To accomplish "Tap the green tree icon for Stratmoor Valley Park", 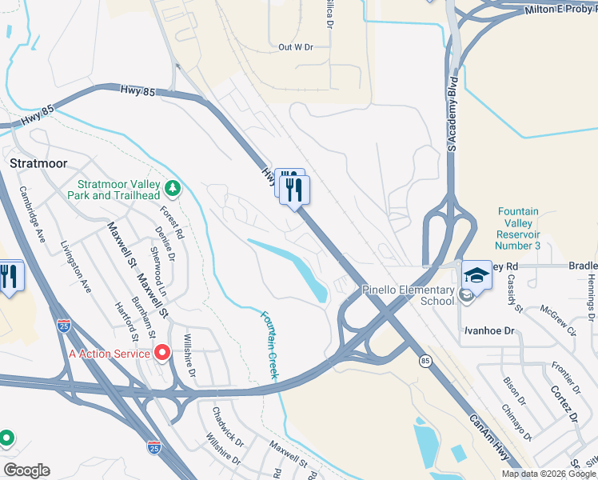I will coord(172,189).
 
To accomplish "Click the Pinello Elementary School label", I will coord(408,295).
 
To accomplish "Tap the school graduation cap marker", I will coord(476,276).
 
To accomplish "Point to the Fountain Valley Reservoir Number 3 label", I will coord(518,228).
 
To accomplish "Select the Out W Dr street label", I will coord(295,47).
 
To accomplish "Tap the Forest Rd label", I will coord(172,224).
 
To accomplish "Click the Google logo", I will coord(26,470).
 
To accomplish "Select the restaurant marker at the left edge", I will coord(10,276).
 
